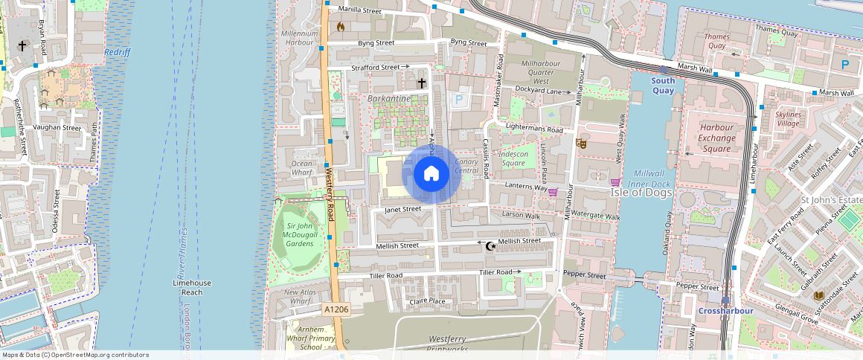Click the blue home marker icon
[x=431, y=174]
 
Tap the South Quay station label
[x=663, y=86]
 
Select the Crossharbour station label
[x=725, y=310]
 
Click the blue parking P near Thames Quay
[x=845, y=65]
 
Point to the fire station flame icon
[x=341, y=27]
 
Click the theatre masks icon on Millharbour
[x=581, y=143]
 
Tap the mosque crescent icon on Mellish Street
[x=490, y=246]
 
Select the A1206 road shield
[x=336, y=308]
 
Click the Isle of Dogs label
[x=641, y=193]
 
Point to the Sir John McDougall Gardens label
[x=300, y=234]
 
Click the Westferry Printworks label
[x=458, y=344]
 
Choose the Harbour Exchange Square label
[x=716, y=138]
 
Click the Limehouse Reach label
[x=192, y=288]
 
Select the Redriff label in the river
[x=118, y=52]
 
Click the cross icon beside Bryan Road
[x=22, y=46]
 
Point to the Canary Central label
[x=466, y=166]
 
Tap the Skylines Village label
[x=788, y=119]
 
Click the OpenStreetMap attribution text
[x=74, y=355]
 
